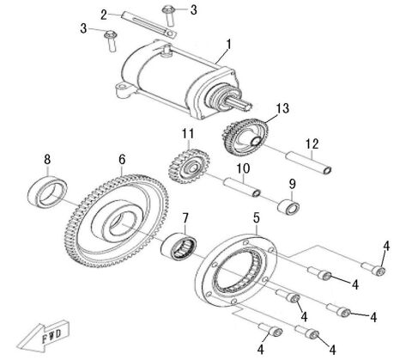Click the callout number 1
pos(228,44)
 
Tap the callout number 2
pos(127,15)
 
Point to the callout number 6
pos(123,160)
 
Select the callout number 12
pos(311,143)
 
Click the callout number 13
pos(283,109)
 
